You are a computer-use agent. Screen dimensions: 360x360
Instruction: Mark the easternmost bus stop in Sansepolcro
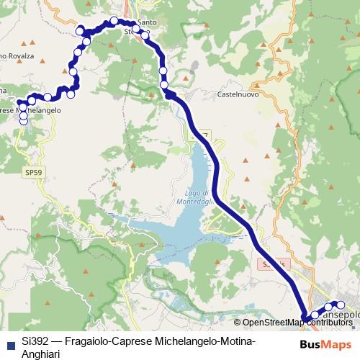point(341,305)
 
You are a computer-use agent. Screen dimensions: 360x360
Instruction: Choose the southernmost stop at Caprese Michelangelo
point(24,121)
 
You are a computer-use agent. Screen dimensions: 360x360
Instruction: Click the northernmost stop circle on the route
point(114,20)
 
